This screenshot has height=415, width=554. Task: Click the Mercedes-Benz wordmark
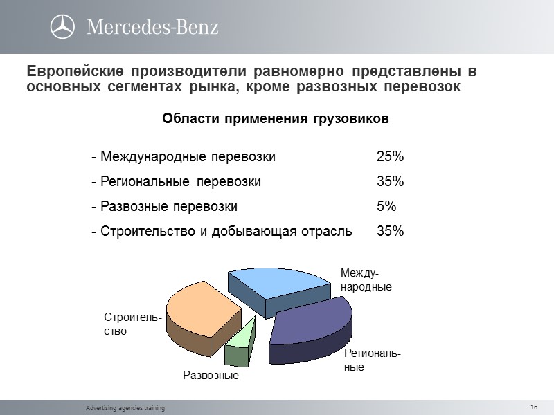152,27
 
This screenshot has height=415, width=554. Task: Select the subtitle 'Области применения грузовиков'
276,119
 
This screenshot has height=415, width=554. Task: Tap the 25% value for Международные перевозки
390,156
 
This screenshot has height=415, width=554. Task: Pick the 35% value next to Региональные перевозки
390,181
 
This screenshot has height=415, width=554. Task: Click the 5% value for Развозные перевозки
386,206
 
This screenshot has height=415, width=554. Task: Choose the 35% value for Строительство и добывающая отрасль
390,231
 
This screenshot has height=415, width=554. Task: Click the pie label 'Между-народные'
366,280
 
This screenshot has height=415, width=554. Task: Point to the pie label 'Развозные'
211,376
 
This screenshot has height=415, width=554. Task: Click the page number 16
534,406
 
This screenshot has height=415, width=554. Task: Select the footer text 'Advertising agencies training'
125,408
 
